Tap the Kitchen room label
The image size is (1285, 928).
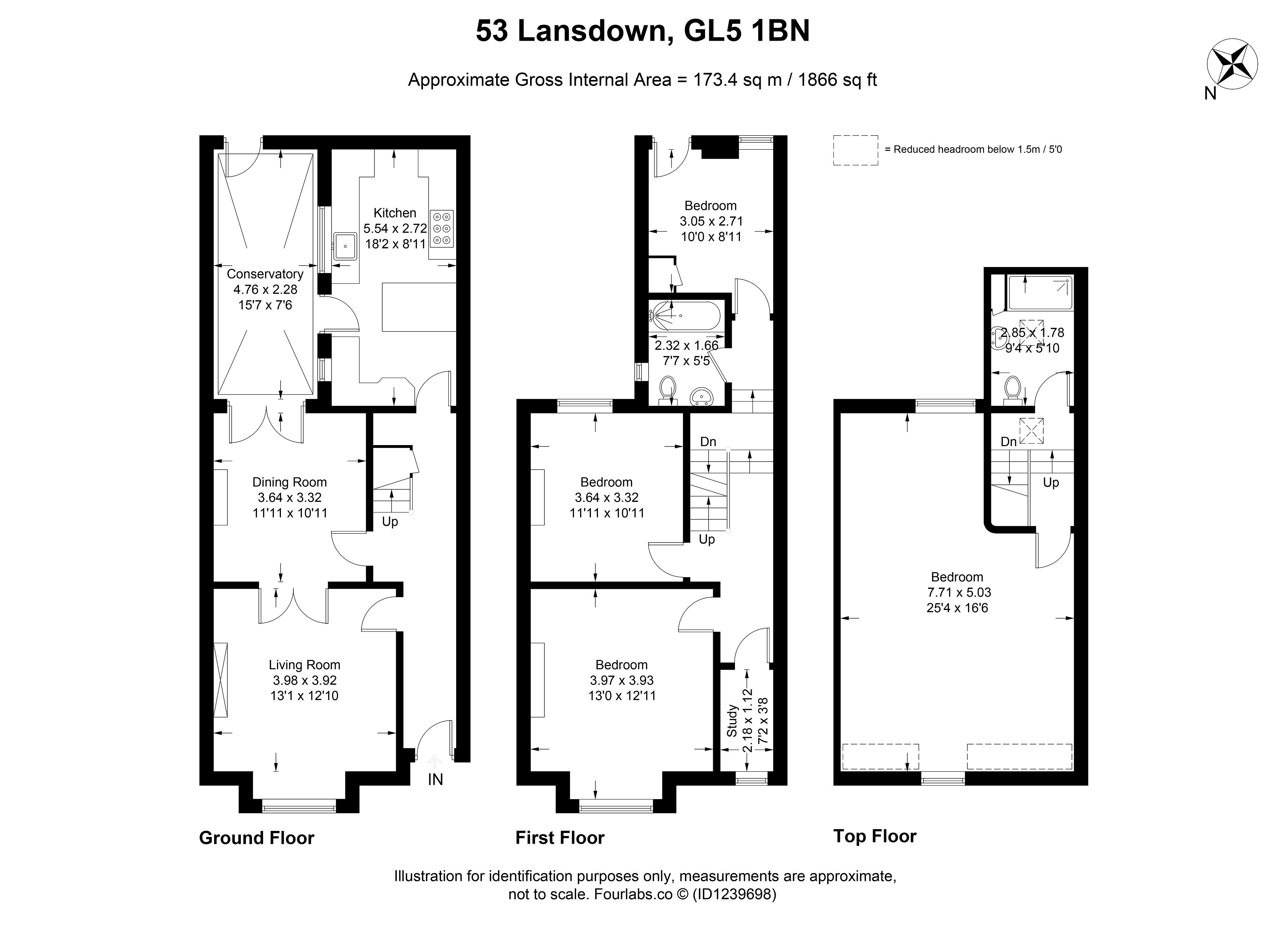coord(395,213)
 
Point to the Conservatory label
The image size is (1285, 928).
coord(265,274)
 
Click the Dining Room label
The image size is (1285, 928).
coord(289,482)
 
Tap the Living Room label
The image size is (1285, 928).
coord(304,665)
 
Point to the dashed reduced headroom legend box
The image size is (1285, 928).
coord(856,150)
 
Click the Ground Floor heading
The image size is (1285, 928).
coord(257,838)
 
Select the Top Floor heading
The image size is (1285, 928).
coord(875,836)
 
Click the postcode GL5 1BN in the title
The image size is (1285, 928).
coord(747,31)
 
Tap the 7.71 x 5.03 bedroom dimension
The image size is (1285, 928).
coord(959,592)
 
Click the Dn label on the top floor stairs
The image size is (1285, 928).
coord(1008,442)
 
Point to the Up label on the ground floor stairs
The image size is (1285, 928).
coord(390,522)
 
